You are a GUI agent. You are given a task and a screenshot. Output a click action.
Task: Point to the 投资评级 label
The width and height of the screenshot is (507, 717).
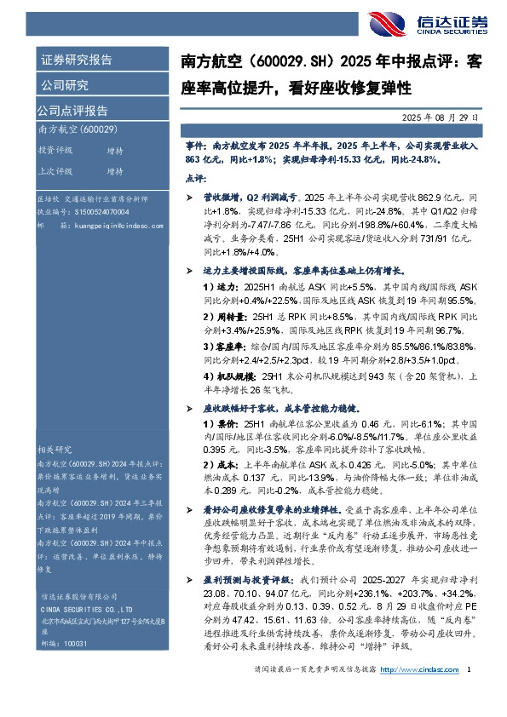point(55,150)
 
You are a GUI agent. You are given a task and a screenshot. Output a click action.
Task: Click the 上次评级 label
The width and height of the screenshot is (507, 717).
point(55,170)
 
